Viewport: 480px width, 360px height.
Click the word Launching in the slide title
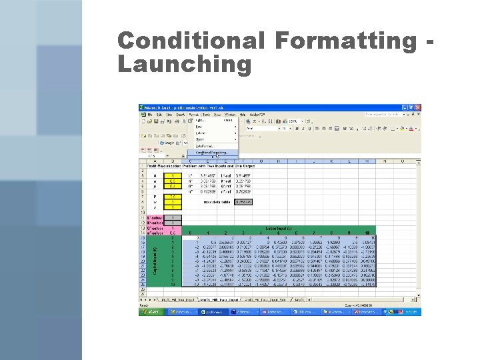(185, 65)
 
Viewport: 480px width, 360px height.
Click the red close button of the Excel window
(417, 107)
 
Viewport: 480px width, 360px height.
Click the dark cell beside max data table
(245, 202)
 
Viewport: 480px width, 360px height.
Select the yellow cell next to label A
(173, 175)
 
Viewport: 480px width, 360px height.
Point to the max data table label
(217, 202)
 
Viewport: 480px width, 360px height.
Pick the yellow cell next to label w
(173, 202)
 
